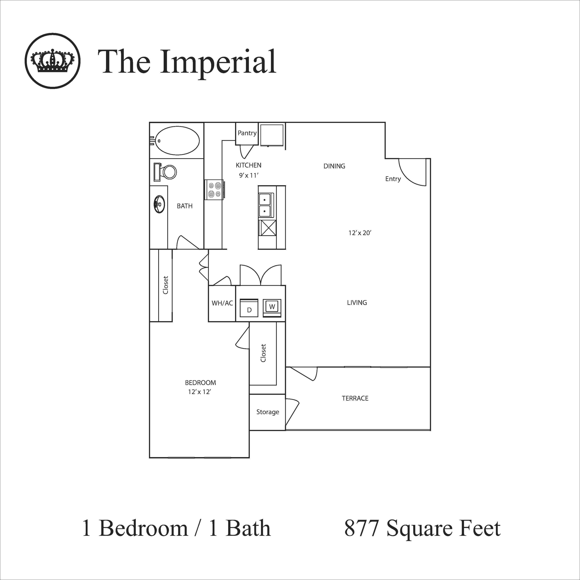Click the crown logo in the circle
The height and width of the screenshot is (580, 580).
click(x=53, y=61)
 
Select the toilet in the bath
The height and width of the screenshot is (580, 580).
click(x=165, y=172)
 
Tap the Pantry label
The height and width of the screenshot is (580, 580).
click(x=247, y=133)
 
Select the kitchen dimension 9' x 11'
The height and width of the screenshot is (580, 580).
click(x=248, y=175)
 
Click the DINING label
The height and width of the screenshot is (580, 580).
click(x=334, y=166)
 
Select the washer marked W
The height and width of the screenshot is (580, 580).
click(x=272, y=306)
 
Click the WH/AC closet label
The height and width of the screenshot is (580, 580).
click(x=222, y=303)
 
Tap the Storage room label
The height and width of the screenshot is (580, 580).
click(x=268, y=412)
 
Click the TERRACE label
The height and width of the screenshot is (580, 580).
click(x=355, y=398)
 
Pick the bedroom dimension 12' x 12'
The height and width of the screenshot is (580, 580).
click(x=200, y=392)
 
